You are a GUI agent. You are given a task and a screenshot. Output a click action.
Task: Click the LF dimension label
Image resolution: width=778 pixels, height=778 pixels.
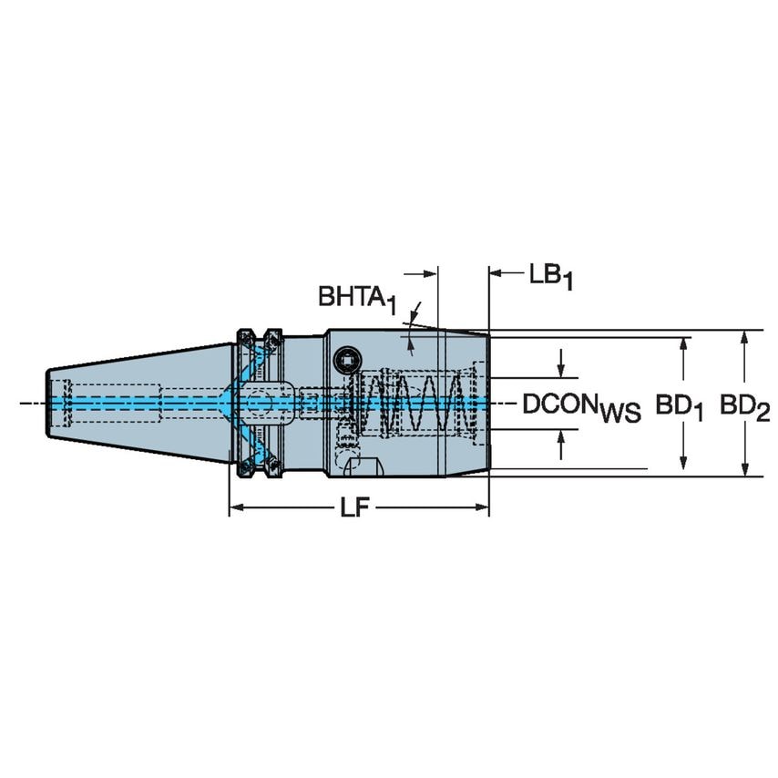[359, 510]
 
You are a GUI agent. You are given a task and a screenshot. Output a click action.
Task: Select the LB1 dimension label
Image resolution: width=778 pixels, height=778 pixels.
[550, 275]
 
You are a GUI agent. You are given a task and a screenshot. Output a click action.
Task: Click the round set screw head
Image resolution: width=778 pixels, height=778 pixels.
[346, 362]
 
